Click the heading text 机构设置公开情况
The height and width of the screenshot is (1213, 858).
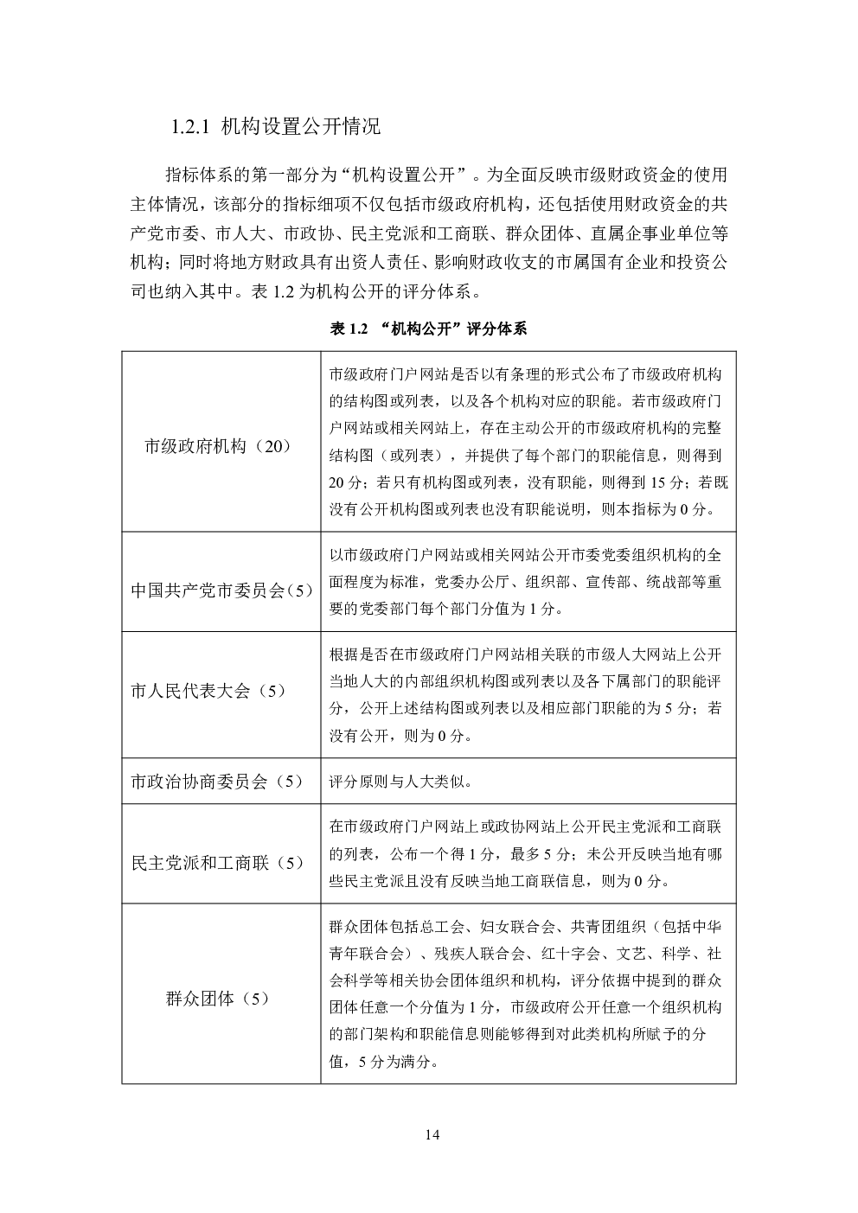point(300,127)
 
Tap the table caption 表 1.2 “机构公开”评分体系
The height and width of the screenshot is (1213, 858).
point(428,329)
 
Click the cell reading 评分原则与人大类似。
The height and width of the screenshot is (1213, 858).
point(400,782)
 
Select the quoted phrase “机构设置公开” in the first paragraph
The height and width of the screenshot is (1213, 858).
point(405,174)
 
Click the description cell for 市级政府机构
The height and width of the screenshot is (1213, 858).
point(527,442)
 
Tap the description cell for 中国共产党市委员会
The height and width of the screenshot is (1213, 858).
point(527,582)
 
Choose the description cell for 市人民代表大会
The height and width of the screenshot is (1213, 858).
point(527,695)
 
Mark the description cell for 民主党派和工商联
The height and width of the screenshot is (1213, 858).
point(527,854)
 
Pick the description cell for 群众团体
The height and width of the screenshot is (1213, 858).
point(527,994)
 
